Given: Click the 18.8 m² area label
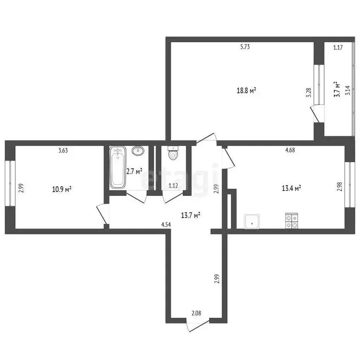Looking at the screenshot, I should click(x=247, y=90).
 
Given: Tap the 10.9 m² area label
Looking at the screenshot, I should click(x=61, y=189).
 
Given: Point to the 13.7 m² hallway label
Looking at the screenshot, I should click(x=191, y=215).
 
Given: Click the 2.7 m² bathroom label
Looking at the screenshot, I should click(x=134, y=172).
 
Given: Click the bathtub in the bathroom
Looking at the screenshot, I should click(x=117, y=168).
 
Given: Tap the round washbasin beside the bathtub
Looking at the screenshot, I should click(x=138, y=151).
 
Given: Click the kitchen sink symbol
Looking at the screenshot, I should click(x=252, y=222).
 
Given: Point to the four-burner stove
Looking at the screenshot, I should click(x=292, y=221).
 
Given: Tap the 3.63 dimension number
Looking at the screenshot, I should click(x=63, y=150).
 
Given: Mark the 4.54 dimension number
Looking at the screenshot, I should click(x=166, y=225).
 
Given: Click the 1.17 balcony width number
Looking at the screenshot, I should click(x=338, y=47).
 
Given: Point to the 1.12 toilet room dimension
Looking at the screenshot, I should click(x=173, y=186).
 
